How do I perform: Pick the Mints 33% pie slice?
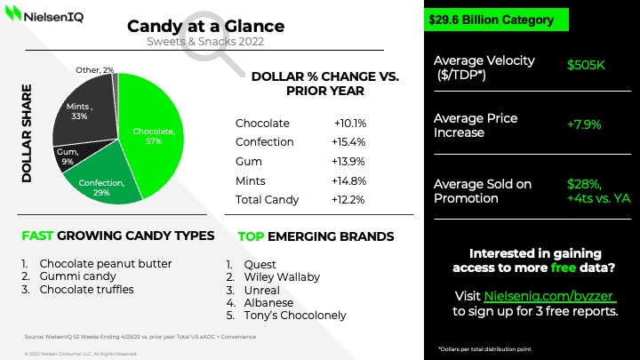82,111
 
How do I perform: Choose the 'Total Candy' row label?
268,200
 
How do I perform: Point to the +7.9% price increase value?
585,124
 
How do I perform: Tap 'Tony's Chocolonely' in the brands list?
291,316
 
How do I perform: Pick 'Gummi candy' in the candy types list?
77,276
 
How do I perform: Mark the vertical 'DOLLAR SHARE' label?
27,134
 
